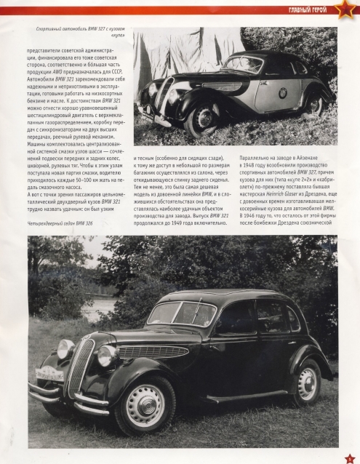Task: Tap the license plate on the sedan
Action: click(x=49, y=374)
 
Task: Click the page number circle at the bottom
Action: click(x=348, y=455)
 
